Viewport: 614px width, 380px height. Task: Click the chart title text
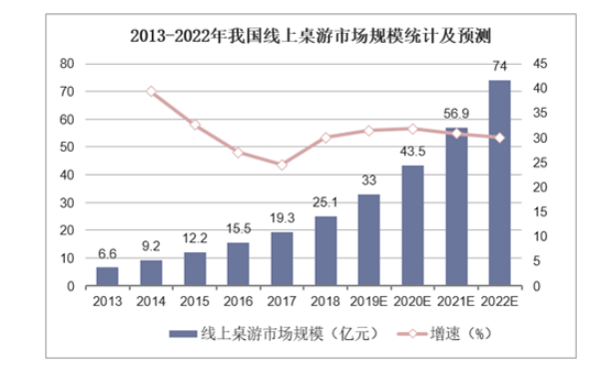point(307,38)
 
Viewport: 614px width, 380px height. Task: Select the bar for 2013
point(108,276)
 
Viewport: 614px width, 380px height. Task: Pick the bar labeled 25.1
point(325,251)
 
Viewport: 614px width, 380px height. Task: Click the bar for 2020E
point(412,225)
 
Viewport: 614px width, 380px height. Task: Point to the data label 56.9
point(455,113)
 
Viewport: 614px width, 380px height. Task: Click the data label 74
point(499,67)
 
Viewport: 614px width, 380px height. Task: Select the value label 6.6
point(108,253)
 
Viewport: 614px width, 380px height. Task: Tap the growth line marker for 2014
point(152,91)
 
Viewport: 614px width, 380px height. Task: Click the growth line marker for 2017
point(282,165)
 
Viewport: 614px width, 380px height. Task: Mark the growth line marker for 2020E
point(412,129)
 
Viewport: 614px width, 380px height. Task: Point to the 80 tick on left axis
point(69,63)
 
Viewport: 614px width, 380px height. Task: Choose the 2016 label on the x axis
point(239,300)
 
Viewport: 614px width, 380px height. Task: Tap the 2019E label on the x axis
point(368,300)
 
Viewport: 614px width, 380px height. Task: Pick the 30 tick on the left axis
point(69,202)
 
